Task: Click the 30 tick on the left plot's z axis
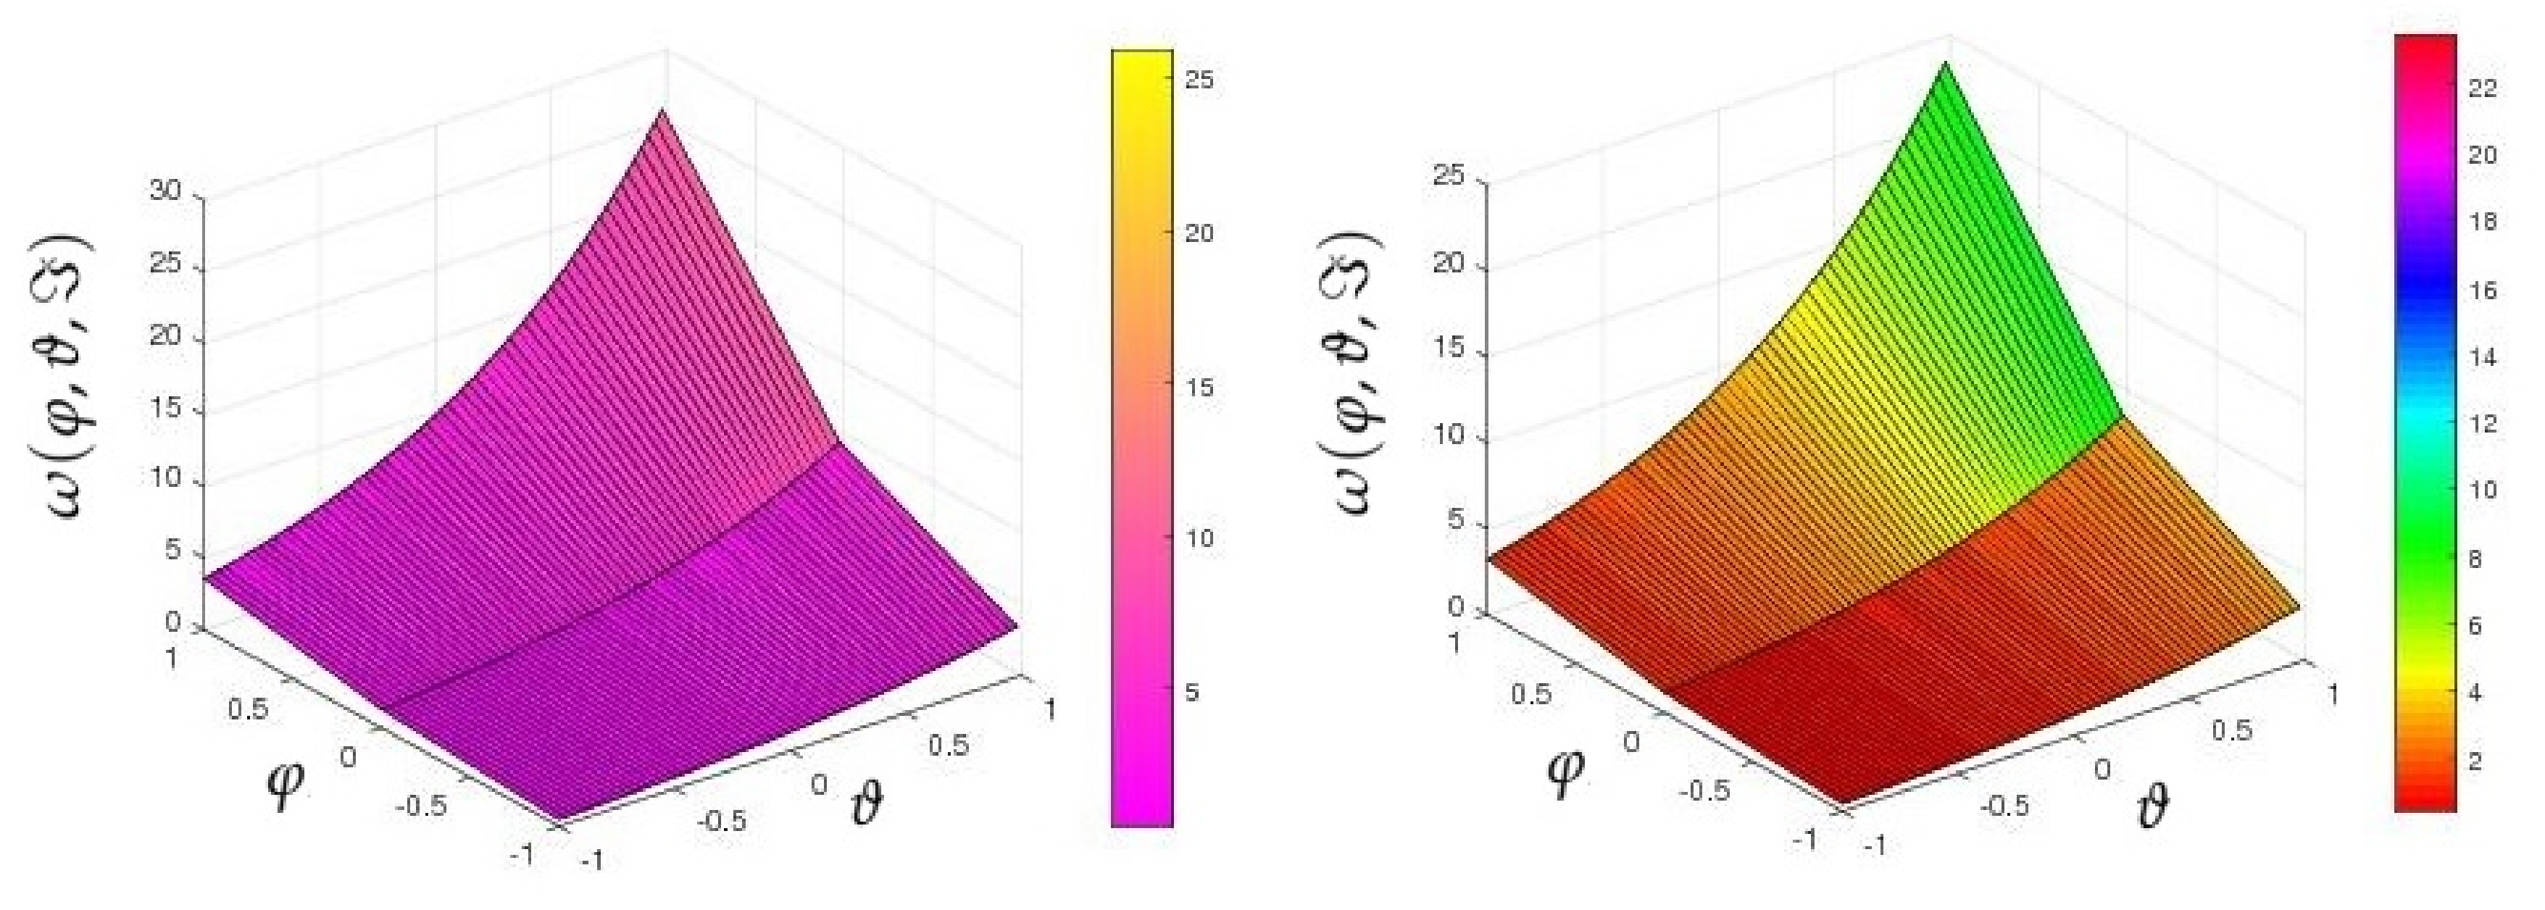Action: click(x=166, y=191)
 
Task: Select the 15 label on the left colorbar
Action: click(x=1199, y=386)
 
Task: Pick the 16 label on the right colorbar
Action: click(x=2482, y=291)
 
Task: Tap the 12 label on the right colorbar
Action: click(x=2482, y=424)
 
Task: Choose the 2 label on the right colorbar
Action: click(x=2476, y=761)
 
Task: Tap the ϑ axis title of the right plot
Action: click(x=2154, y=809)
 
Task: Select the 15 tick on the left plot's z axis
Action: click(x=166, y=408)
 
